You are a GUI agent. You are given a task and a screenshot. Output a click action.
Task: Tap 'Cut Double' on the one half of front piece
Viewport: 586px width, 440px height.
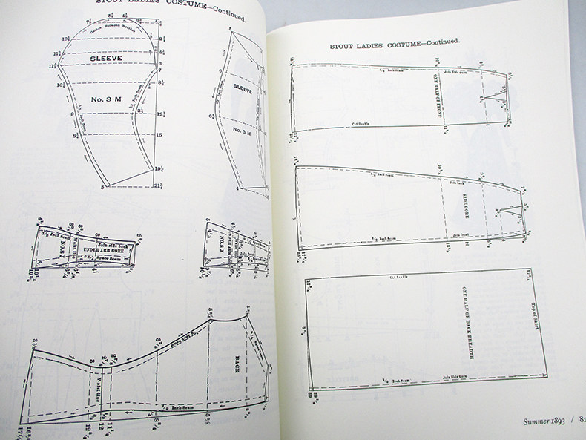point(360,124)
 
